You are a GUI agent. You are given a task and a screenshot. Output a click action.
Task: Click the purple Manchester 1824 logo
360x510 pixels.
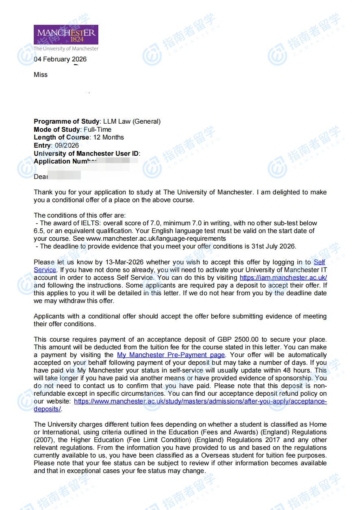(66, 35)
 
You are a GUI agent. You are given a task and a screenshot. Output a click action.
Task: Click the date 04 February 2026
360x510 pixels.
(60, 59)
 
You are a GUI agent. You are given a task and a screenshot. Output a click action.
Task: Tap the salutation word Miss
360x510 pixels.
(41, 74)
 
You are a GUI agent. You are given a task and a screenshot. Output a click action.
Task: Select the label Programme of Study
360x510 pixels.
(66, 121)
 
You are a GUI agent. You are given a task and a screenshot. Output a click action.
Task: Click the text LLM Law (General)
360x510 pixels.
(132, 121)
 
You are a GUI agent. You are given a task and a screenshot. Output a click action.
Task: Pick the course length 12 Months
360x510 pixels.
(108, 137)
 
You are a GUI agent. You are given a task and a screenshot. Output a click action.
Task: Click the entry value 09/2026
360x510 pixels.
(67, 145)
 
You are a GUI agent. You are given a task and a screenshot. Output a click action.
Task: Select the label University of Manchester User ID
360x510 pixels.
(86, 153)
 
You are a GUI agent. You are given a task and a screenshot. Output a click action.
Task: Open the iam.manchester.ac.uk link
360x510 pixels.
(283, 278)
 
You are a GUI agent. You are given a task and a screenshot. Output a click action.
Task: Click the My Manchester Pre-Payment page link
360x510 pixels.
(171, 355)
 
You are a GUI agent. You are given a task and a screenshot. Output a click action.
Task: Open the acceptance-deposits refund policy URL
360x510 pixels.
(200, 401)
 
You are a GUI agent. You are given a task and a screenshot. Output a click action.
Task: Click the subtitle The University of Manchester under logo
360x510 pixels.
(66, 48)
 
